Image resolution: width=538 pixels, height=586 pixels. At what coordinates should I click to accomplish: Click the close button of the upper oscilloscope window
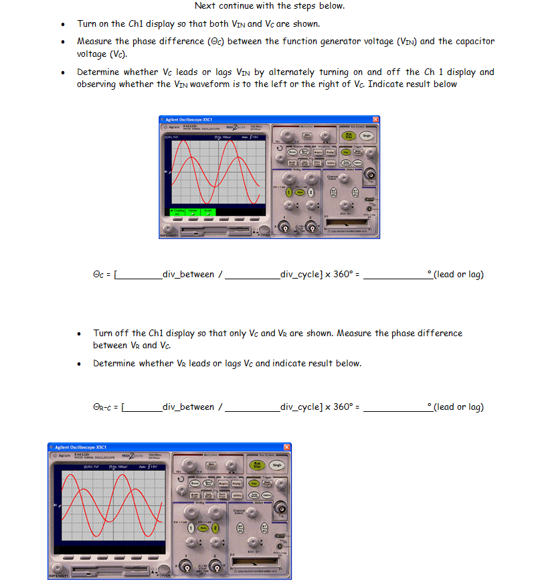click(375, 119)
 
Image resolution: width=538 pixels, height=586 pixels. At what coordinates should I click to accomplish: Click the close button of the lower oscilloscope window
click(287, 447)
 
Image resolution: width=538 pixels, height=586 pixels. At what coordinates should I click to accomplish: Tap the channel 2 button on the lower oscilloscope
click(215, 528)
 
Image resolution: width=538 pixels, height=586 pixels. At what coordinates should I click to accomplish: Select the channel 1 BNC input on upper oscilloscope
click(286, 228)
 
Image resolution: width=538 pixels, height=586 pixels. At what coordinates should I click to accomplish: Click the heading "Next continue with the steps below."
click(269, 6)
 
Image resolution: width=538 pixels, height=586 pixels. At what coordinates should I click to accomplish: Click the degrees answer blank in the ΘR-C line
click(395, 407)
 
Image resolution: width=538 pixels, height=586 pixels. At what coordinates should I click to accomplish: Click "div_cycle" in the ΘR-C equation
click(300, 407)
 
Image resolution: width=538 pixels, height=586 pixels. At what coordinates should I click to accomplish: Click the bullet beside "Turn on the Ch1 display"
click(62, 25)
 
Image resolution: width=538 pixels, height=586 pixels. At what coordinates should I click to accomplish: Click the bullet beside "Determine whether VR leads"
click(79, 364)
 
